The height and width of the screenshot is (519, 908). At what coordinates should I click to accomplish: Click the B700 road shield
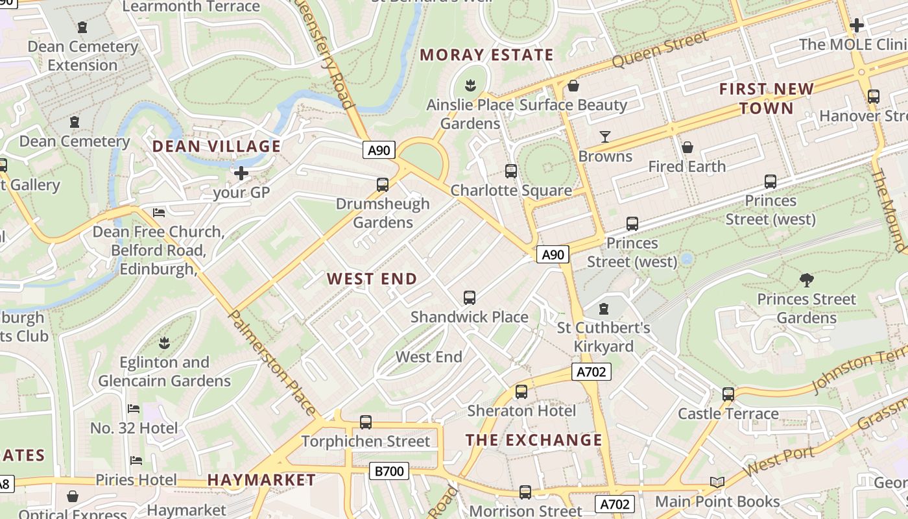click(389, 471)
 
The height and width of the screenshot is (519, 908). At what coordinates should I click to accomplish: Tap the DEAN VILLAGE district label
click(217, 147)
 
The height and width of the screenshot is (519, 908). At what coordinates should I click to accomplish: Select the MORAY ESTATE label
click(486, 55)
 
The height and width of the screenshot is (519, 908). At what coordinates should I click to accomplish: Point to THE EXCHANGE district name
click(534, 441)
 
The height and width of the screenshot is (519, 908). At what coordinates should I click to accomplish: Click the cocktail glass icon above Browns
click(605, 137)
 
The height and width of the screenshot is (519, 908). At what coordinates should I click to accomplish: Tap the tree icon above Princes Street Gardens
click(807, 280)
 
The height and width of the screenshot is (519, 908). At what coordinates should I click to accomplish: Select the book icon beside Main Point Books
click(717, 483)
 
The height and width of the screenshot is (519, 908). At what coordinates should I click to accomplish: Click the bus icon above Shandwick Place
click(470, 298)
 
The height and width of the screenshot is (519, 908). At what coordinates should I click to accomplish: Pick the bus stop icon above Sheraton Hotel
click(521, 392)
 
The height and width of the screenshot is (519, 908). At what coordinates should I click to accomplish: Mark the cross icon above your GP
click(241, 173)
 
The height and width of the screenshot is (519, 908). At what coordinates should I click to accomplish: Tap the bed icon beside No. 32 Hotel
click(134, 409)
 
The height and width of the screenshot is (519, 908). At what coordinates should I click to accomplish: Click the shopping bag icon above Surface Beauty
click(573, 86)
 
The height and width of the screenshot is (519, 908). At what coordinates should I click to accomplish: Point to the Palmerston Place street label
click(273, 363)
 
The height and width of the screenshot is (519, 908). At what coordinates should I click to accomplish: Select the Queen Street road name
click(660, 50)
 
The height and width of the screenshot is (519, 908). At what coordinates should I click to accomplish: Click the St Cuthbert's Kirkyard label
click(604, 337)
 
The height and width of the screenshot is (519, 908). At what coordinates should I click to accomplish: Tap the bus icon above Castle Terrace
click(728, 394)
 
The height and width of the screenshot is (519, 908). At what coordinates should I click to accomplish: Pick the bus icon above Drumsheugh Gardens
click(383, 185)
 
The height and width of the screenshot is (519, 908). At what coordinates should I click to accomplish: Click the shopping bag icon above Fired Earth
click(687, 147)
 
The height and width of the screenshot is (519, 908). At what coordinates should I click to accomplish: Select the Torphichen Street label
click(366, 442)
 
